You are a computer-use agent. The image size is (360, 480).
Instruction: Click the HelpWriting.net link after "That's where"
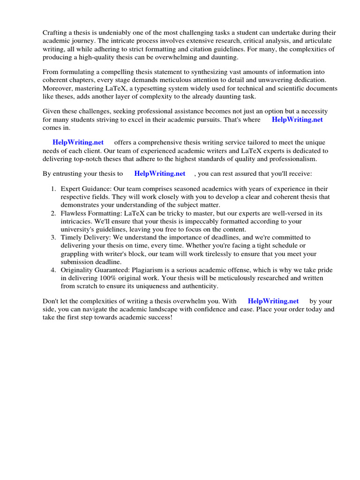[x=297, y=120]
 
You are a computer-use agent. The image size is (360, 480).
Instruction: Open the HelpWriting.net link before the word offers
[x=78, y=142]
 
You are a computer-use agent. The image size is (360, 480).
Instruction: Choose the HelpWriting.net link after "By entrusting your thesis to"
[x=160, y=173]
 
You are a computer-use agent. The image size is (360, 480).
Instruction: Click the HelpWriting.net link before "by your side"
[x=273, y=301]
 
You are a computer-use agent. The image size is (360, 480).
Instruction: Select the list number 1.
[x=53, y=189]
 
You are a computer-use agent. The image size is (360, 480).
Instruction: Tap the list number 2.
[x=53, y=213]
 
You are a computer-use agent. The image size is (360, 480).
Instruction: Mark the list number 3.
[x=53, y=238]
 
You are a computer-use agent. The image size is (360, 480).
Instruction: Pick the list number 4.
[x=53, y=270]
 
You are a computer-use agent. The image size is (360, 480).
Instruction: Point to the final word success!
[x=159, y=317]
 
